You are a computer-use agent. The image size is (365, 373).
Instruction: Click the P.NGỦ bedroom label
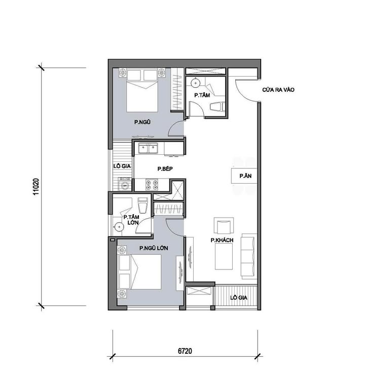[142, 122]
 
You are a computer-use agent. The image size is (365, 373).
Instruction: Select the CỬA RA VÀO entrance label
[278, 90]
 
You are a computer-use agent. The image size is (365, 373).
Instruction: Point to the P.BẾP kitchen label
[165, 169]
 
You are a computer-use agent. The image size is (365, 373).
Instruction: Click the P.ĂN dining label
[240, 176]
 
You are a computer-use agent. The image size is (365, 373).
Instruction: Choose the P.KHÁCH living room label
[222, 241]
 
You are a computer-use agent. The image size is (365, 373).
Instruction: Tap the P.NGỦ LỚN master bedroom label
[154, 248]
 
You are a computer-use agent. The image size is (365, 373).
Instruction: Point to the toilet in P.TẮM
[216, 107]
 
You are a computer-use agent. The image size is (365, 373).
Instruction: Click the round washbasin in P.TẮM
[195, 82]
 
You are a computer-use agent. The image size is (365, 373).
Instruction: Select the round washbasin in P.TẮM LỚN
[119, 227]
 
